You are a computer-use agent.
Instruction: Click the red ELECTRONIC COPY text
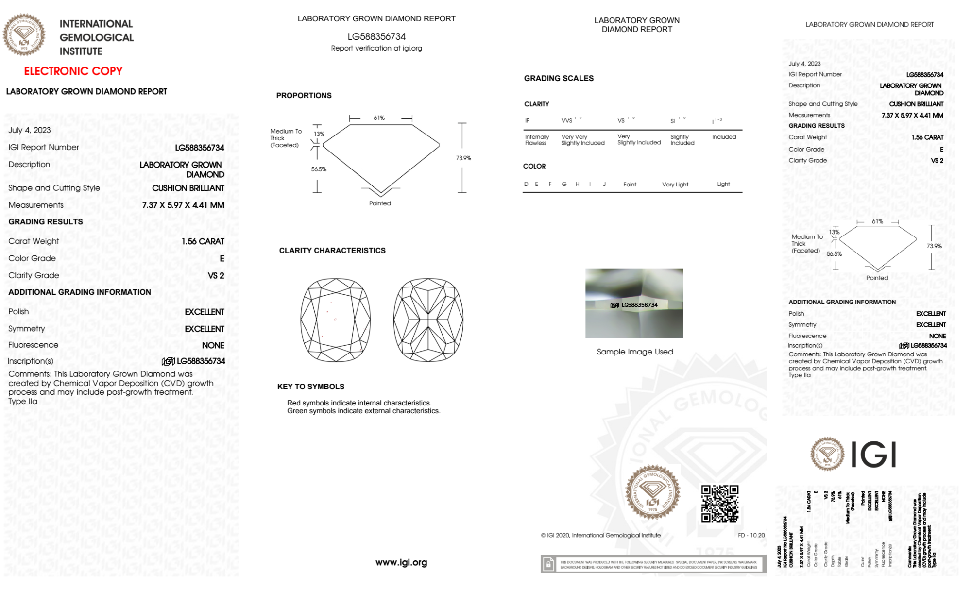click(x=73, y=71)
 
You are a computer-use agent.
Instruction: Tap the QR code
click(x=719, y=504)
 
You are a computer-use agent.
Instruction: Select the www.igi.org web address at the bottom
click(x=401, y=562)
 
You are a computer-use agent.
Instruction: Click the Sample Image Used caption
click(x=635, y=352)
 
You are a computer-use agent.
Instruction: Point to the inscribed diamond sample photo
click(x=634, y=303)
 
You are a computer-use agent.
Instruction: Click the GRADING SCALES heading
click(x=559, y=78)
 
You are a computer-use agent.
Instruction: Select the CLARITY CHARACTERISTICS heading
click(x=332, y=251)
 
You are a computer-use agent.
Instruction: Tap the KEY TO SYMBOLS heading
click(x=311, y=387)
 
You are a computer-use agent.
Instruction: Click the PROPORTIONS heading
click(x=304, y=96)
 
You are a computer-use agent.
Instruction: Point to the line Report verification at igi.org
click(x=376, y=48)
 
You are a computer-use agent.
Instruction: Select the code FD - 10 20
click(x=751, y=535)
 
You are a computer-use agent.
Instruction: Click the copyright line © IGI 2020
click(x=601, y=535)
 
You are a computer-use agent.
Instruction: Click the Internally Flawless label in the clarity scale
click(x=537, y=140)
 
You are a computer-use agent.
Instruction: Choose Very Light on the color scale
click(x=675, y=185)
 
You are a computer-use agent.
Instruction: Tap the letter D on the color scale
click(x=526, y=184)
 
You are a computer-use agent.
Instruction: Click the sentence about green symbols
click(x=363, y=411)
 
